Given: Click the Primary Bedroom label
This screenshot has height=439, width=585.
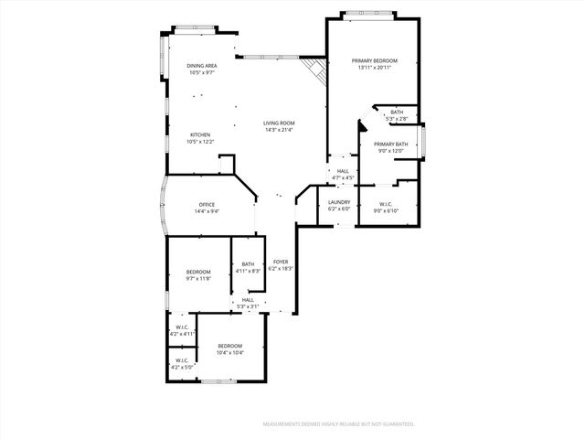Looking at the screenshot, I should pos(375,60).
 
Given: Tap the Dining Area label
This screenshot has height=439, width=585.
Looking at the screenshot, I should pos(202,66).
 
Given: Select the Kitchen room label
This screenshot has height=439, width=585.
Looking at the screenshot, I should pos(200,134).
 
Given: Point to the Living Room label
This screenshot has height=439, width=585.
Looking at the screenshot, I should pos(279,123).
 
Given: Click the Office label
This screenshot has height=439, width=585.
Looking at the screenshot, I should pos(206,205).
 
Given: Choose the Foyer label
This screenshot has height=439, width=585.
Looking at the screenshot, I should pos(280,262).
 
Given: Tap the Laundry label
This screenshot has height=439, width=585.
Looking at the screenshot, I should pos(339,202).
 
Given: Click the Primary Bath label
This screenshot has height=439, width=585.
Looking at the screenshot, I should pos(389,144).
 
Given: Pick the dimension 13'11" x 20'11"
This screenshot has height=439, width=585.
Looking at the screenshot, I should pos(375,67).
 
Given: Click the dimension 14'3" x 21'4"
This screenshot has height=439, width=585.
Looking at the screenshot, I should pos(279,129).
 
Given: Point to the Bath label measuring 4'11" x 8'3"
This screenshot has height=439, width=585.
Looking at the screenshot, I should pos(248,264).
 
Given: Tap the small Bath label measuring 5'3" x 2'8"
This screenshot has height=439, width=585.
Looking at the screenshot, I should pos(397,112).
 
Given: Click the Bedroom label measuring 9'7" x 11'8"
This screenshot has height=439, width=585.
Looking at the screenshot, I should pos(198,272).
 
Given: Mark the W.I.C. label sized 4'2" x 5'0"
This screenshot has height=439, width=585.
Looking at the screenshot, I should pos(181,360).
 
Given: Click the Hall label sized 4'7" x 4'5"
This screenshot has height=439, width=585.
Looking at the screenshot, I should pos(343,171).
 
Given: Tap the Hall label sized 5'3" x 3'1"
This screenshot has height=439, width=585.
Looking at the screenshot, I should pos(248,300).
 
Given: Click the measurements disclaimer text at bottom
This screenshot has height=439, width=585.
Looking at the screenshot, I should pos(339,424).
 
